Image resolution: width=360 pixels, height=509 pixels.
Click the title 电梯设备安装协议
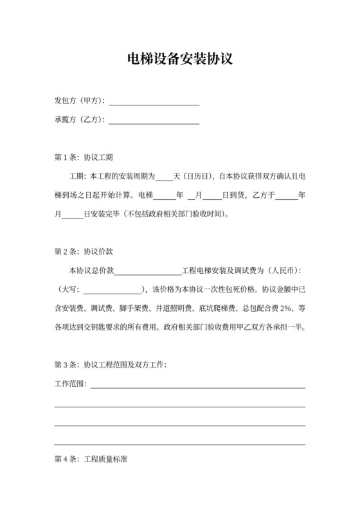179,60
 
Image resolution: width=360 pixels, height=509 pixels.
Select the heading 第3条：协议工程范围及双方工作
111,365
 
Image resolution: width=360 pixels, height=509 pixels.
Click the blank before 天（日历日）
165,176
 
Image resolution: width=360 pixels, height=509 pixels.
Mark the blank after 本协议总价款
148,271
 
